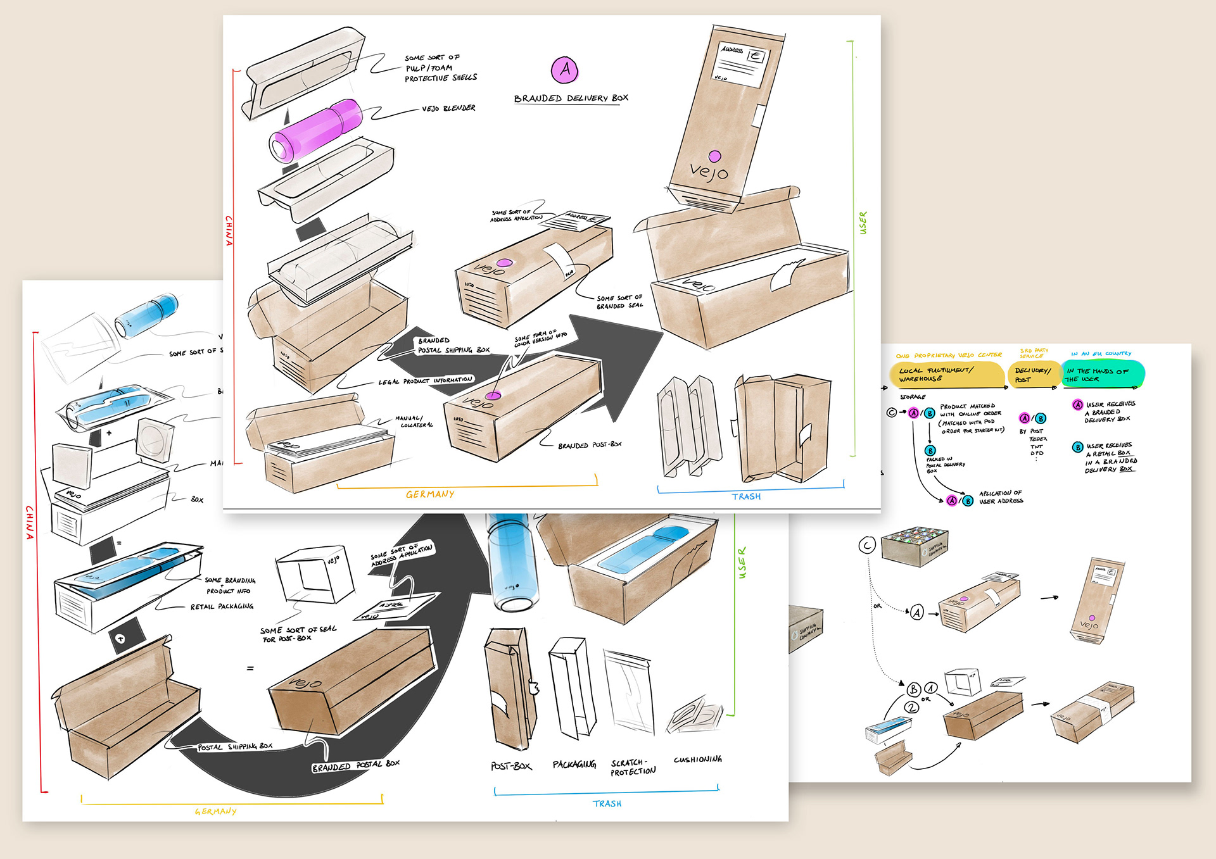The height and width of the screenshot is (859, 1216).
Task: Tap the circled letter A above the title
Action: click(565, 70)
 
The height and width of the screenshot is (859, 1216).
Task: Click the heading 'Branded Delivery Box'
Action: click(571, 98)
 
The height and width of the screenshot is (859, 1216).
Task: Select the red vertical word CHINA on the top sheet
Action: click(229, 230)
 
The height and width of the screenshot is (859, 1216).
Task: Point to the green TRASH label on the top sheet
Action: click(746, 497)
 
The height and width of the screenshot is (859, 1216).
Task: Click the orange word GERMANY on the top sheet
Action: click(430, 494)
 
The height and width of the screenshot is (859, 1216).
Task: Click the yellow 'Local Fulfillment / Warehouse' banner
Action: click(946, 375)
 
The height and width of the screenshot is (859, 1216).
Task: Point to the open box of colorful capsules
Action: click(915, 546)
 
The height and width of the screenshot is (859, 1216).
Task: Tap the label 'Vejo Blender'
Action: click(448, 109)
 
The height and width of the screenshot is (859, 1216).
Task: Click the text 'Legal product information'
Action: click(425, 381)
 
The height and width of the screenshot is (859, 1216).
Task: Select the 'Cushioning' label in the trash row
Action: click(697, 759)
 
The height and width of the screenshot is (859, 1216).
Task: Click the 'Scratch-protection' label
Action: click(633, 767)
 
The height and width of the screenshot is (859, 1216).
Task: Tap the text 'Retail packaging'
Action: click(222, 606)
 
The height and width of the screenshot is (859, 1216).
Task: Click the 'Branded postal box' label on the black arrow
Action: click(355, 766)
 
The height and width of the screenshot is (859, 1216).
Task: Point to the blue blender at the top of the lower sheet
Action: click(147, 313)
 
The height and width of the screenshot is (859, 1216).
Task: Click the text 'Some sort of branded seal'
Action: click(619, 302)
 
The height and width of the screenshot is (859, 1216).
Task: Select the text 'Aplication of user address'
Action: click(1001, 497)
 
